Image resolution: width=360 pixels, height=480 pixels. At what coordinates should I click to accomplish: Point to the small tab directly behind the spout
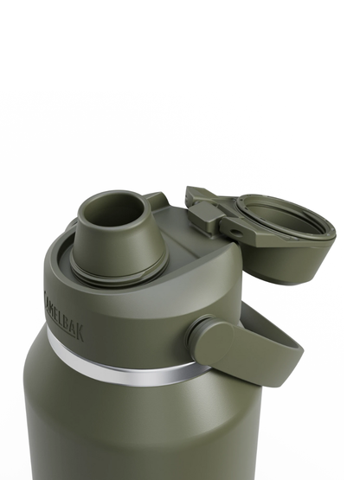[x=157, y=201]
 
